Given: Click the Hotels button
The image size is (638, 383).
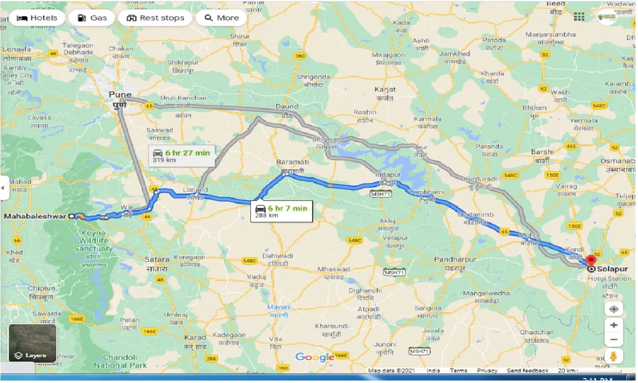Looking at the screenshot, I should pyautogui.click(x=37, y=18).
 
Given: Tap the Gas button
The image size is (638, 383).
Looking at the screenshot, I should pyautogui.click(x=92, y=18).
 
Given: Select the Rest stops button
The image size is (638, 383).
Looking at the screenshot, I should pyautogui.click(x=155, y=18).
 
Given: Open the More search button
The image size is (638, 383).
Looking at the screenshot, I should pyautogui.click(x=221, y=18).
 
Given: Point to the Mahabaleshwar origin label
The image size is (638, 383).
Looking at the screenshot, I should pyautogui.click(x=36, y=216).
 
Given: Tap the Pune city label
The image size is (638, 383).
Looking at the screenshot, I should pyautogui.click(x=121, y=95).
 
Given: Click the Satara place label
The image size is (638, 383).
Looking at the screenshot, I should pyautogui.click(x=157, y=259).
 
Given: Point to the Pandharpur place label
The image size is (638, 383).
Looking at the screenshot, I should pyautogui.click(x=455, y=260).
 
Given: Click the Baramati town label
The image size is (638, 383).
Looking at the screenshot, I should pyautogui.click(x=293, y=162).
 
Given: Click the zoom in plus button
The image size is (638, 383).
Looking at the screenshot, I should pyautogui.click(x=614, y=325).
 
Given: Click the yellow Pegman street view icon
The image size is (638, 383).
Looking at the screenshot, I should pyautogui.click(x=614, y=357).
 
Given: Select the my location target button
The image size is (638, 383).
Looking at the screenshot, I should pyautogui.click(x=614, y=309).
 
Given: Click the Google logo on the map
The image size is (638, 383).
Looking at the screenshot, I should pyautogui.click(x=315, y=357).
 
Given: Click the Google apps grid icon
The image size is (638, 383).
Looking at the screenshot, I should pyautogui.click(x=579, y=17).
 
